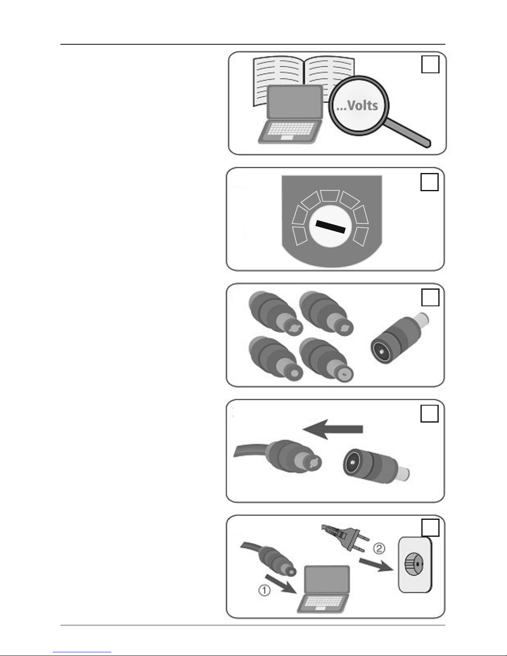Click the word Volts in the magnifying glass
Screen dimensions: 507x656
point(363,106)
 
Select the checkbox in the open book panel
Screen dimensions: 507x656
point(430,64)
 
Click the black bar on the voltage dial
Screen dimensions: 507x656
point(330,227)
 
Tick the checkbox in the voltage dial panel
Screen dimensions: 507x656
point(430,182)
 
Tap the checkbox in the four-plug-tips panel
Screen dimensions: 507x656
point(430,297)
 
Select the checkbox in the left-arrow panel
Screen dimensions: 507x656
point(430,413)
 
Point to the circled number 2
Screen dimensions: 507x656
point(380,548)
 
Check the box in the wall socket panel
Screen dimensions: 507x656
point(430,528)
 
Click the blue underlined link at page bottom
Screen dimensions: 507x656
point(82,651)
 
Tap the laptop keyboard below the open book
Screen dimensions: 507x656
point(290,129)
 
